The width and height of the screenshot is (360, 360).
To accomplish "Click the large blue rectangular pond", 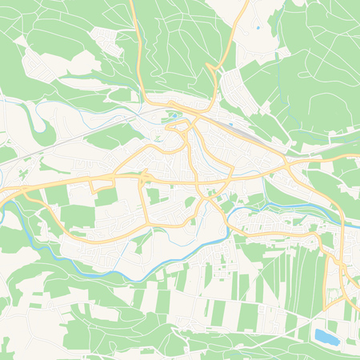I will coord(326,336).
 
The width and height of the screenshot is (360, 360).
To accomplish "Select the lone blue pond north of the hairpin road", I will coord(258,29).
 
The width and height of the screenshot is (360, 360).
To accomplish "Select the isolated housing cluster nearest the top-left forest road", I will coord(104,36).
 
